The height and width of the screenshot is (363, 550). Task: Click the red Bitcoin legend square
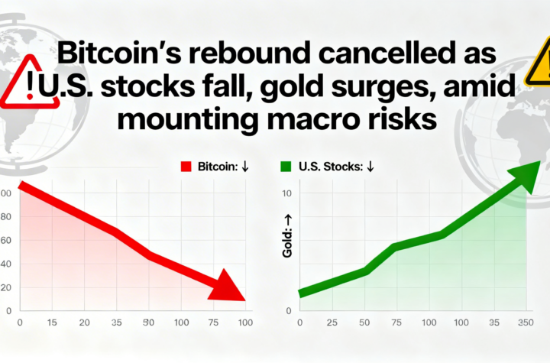pos(184,166)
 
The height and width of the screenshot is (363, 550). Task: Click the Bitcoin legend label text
pos(217,166)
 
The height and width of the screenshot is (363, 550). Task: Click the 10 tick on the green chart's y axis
pos(287,193)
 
